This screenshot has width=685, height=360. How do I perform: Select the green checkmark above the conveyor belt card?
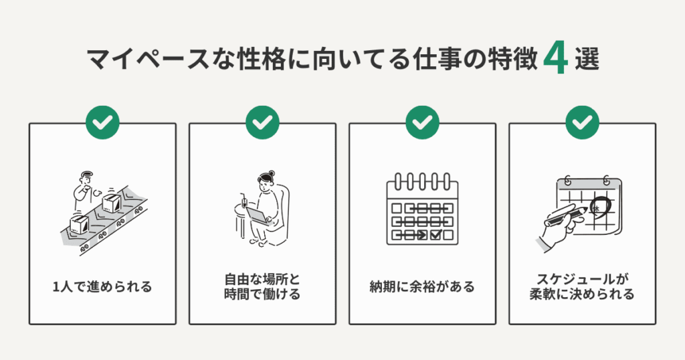pyautogui.click(x=102, y=122)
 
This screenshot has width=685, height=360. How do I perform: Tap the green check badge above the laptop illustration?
pyautogui.click(x=262, y=122)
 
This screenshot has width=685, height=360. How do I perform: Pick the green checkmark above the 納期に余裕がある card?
pyautogui.click(x=422, y=122)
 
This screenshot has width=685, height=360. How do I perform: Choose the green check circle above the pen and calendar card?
pyautogui.click(x=583, y=122)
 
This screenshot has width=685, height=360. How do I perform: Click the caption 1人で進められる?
pyautogui.click(x=102, y=287)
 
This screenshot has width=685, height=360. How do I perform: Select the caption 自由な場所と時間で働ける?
pyautogui.click(x=262, y=287)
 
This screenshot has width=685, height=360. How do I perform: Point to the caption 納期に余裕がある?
pyautogui.click(x=422, y=287)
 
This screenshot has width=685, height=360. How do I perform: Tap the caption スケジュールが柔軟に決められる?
pyautogui.click(x=583, y=287)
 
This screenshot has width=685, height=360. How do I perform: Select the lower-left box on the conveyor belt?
pyautogui.click(x=79, y=225)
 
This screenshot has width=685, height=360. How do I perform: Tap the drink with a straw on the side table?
pyautogui.click(x=241, y=201)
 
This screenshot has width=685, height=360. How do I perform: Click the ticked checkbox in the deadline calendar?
pyautogui.click(x=435, y=235)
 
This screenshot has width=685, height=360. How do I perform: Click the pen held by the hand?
pyautogui.click(x=569, y=215)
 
